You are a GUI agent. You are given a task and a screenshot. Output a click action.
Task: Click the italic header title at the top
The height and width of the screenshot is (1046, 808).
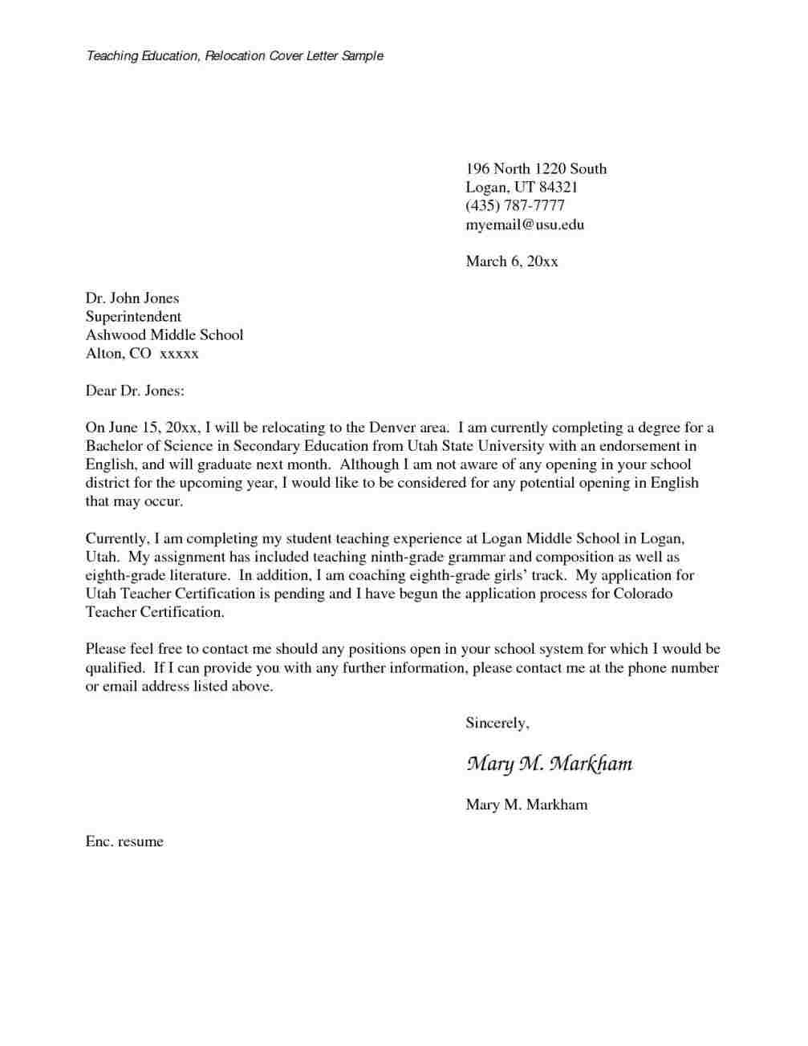coord(234,56)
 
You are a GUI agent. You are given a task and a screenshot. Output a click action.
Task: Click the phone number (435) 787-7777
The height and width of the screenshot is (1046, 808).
coord(515,206)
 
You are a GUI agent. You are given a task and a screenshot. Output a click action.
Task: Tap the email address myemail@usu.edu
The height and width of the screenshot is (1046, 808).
coord(525,225)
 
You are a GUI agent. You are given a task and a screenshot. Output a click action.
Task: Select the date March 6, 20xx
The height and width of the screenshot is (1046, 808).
coord(511,261)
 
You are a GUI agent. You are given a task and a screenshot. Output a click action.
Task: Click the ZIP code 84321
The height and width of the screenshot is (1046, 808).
coord(559,188)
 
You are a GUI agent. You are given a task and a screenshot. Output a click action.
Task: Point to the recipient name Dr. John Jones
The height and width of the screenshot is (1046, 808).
coord(132,298)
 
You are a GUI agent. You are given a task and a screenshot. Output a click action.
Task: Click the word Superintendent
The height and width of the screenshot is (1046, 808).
coord(133,317)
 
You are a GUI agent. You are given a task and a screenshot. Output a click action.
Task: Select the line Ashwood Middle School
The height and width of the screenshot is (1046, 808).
coord(164,335)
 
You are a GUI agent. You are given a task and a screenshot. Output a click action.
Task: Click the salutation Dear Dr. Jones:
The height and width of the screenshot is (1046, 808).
coord(135,391)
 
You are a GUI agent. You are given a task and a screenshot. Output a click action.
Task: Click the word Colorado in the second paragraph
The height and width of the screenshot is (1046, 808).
coord(643,594)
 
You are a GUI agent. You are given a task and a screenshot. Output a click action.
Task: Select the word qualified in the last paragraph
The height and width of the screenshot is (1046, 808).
coord(115,667)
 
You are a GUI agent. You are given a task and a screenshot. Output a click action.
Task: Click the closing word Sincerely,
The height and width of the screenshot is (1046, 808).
coord(497,723)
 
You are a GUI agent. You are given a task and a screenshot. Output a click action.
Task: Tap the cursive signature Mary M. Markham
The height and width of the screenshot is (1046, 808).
coord(549,764)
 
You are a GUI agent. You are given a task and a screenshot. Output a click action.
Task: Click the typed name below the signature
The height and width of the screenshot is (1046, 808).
coord(526,805)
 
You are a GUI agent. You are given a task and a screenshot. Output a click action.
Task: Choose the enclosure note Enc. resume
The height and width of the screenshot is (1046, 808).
coord(124,841)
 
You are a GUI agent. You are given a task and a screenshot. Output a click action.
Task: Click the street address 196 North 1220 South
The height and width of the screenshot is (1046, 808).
coord(536,169)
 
